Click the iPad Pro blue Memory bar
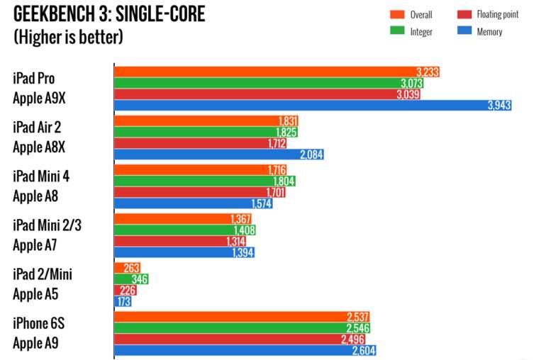click(x=312, y=106)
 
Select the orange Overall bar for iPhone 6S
click(x=242, y=317)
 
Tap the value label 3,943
click(x=498, y=106)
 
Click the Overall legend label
click(x=421, y=14)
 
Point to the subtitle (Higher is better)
click(x=68, y=37)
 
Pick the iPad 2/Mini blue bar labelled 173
click(x=118, y=301)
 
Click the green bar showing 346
click(x=131, y=279)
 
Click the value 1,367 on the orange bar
click(x=241, y=219)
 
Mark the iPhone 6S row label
click(x=38, y=323)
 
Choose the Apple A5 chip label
click(x=36, y=293)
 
